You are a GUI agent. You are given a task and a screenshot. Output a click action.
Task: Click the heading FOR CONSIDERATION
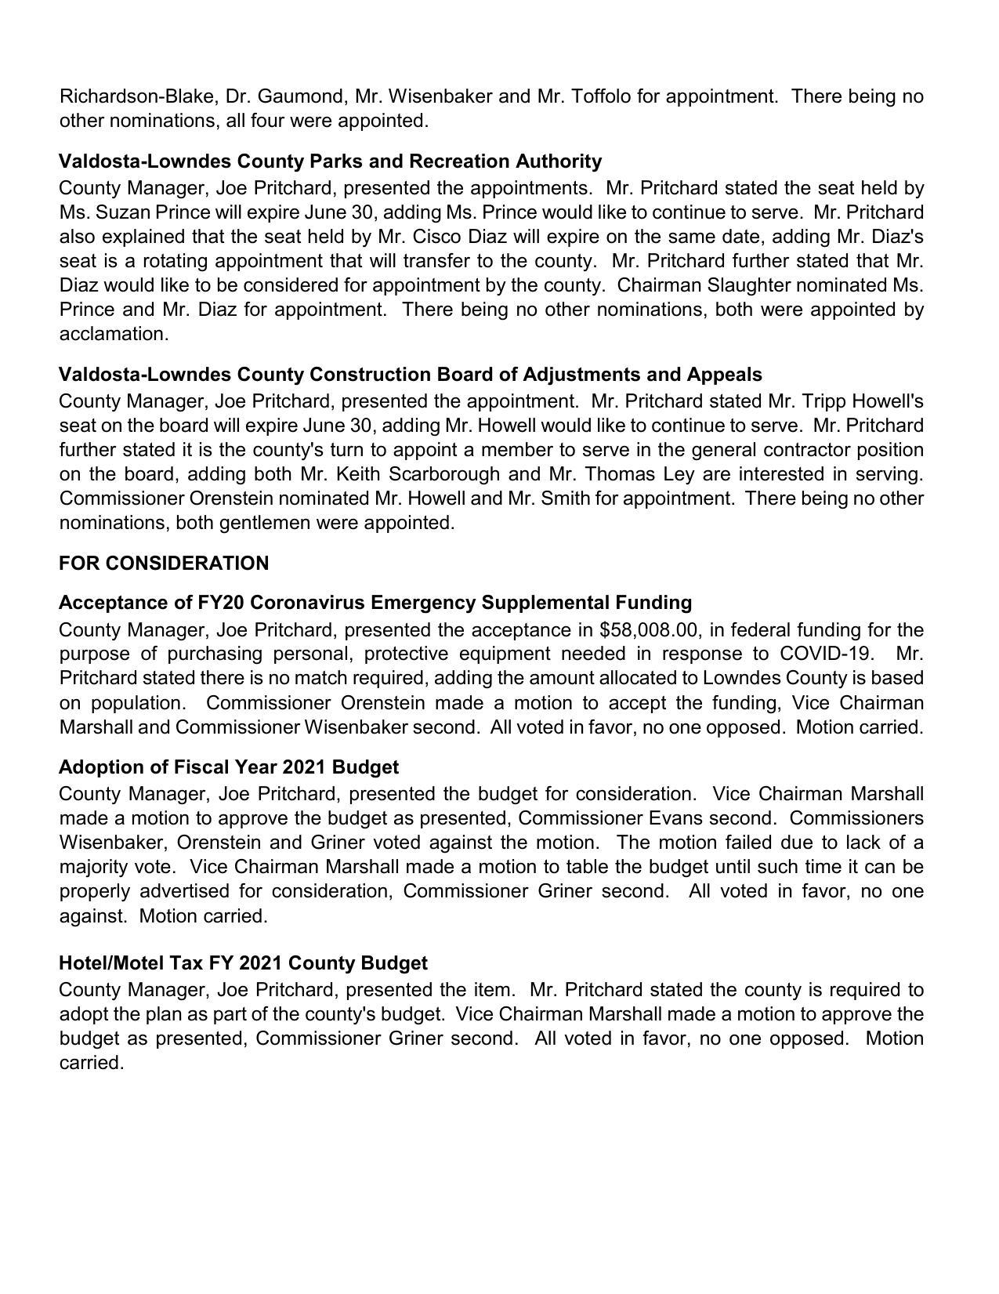[164, 564]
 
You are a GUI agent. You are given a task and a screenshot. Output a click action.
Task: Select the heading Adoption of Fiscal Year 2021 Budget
[229, 767]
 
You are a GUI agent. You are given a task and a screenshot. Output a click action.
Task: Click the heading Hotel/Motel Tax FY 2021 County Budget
[243, 962]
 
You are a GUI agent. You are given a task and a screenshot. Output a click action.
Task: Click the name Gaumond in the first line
[302, 96]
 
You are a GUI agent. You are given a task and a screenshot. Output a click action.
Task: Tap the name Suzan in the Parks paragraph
[125, 212]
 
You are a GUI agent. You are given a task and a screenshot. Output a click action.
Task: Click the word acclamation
[114, 334]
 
